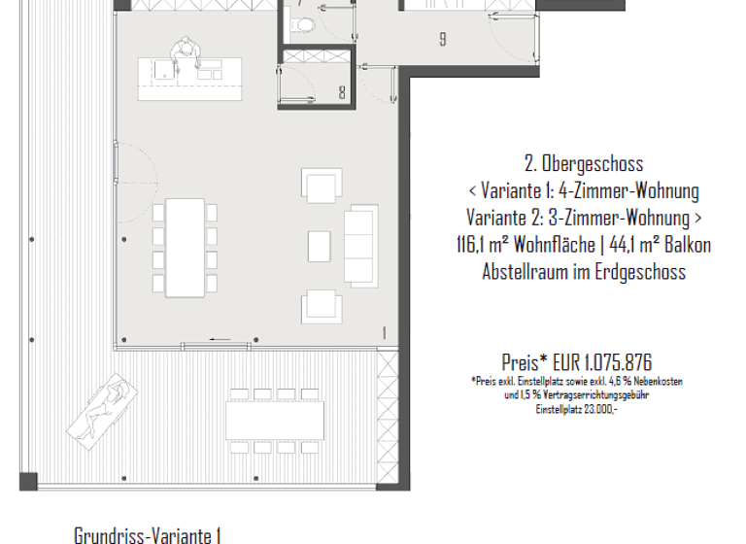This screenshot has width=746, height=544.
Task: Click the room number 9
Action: tap(443, 40)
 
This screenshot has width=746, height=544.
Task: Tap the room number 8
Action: tap(342, 93)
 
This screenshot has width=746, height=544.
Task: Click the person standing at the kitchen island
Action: tap(184, 55)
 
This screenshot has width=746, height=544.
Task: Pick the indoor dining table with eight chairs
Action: tap(185, 248)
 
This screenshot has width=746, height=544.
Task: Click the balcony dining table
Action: tap(275, 420)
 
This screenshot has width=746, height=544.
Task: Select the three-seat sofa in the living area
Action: tap(361, 243)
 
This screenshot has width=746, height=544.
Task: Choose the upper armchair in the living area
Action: tap(322, 186)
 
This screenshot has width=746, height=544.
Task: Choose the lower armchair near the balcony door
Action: tap(322, 306)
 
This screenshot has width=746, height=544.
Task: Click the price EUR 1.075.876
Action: tap(576, 362)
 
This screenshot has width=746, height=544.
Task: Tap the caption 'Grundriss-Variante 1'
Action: tap(148, 534)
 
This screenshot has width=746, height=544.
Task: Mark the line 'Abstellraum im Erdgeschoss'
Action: tap(583, 272)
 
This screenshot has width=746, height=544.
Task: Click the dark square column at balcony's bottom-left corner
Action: tap(27, 481)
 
